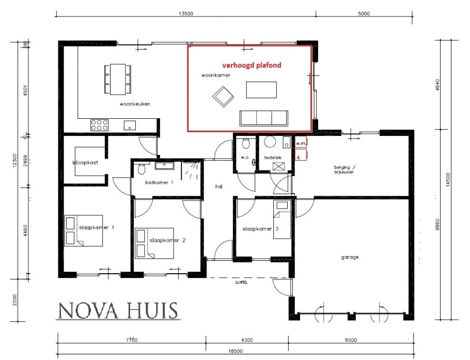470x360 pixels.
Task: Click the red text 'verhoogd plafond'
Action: [x=252, y=66]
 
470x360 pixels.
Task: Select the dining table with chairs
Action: [x=117, y=79]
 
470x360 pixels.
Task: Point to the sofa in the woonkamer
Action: [x=263, y=118]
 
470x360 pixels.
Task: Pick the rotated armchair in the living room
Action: [x=223, y=96]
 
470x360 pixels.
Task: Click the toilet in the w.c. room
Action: [x=246, y=144]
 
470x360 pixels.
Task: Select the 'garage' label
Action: [x=350, y=257]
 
